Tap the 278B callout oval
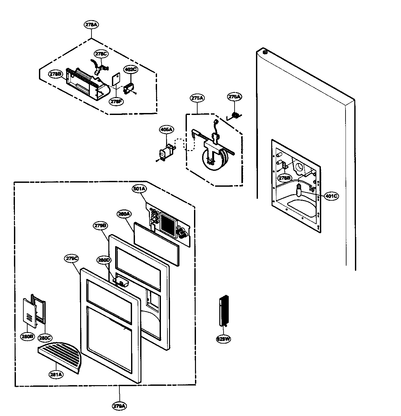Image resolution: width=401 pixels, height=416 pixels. point(55,74)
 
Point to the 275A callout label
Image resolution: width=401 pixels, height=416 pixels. point(197,98)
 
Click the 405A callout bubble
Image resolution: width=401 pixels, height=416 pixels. point(166,130)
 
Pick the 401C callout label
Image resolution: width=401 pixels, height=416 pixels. point(331,196)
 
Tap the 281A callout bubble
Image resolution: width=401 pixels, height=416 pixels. point(56,374)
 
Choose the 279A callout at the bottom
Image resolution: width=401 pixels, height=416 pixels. point(119,406)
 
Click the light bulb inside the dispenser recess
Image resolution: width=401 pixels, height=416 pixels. point(298,191)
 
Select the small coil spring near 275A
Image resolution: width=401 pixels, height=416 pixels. point(235,115)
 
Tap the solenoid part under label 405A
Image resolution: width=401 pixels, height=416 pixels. point(167,153)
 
